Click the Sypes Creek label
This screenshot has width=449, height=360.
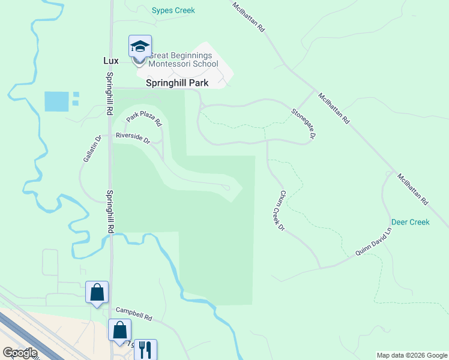(x=173, y=11)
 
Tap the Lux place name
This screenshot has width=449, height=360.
(x=110, y=61)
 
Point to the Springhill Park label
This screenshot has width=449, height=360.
(x=177, y=83)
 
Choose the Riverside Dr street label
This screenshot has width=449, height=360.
(x=133, y=137)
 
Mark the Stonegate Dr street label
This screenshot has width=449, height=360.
(x=303, y=123)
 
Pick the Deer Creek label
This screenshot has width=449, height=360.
(x=411, y=222)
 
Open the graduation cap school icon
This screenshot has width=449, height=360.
(x=140, y=46)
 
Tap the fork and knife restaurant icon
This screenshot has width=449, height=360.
(x=145, y=349)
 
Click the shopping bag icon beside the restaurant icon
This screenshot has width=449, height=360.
(x=119, y=330)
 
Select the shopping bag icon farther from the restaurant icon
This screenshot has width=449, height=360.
(x=97, y=293)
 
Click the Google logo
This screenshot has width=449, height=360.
(x=19, y=353)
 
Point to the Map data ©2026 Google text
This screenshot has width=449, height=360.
(x=412, y=355)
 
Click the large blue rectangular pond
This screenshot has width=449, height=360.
(x=56, y=101)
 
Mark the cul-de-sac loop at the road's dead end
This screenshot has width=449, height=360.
(x=228, y=187)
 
